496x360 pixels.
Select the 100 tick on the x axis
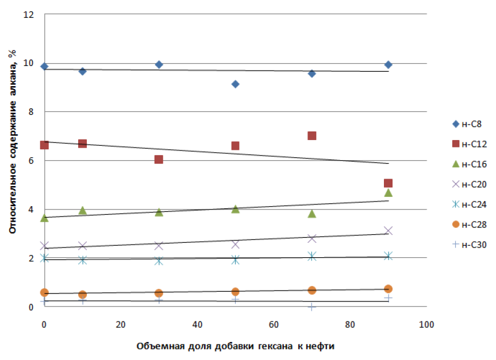point(426,325)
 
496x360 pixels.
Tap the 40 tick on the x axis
point(197,325)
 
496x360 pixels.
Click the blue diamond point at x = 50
point(235,84)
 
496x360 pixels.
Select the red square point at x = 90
point(388,183)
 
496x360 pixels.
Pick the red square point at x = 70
point(312,136)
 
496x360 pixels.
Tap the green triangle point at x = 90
point(388,192)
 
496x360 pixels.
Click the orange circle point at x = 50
point(235,292)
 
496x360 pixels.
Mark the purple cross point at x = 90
point(388,231)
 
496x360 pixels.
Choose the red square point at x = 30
point(159,159)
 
